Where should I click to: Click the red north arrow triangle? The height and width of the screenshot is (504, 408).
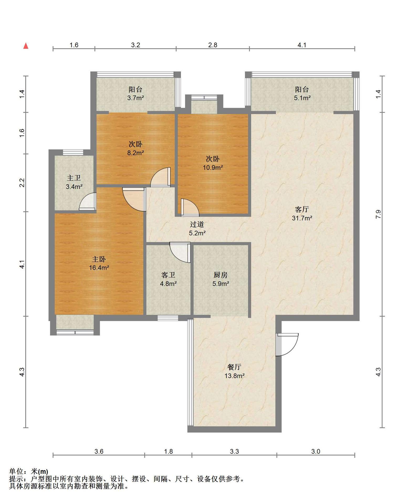26,46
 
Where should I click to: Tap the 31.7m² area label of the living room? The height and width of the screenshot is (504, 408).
302,218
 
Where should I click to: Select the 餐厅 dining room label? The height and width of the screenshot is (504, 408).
234,367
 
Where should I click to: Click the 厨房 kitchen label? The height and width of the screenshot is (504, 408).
221,275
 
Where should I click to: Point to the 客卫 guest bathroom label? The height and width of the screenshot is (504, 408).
168,275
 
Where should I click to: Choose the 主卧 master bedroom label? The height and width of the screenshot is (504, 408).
99,259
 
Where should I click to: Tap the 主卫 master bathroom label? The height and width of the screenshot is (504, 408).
74,178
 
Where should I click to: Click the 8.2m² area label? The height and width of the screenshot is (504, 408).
135,153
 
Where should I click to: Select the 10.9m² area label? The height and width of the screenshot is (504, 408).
213,167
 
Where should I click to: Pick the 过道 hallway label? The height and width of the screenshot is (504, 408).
197,224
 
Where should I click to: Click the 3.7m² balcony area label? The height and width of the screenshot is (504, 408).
135,98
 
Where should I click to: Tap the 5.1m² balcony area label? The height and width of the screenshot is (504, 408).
302,98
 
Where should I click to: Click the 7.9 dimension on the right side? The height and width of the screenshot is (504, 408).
378,214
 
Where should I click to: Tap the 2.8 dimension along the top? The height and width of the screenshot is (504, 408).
213,45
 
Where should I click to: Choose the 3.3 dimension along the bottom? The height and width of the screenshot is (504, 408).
234,451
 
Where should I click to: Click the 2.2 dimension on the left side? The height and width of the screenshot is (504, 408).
22,183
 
